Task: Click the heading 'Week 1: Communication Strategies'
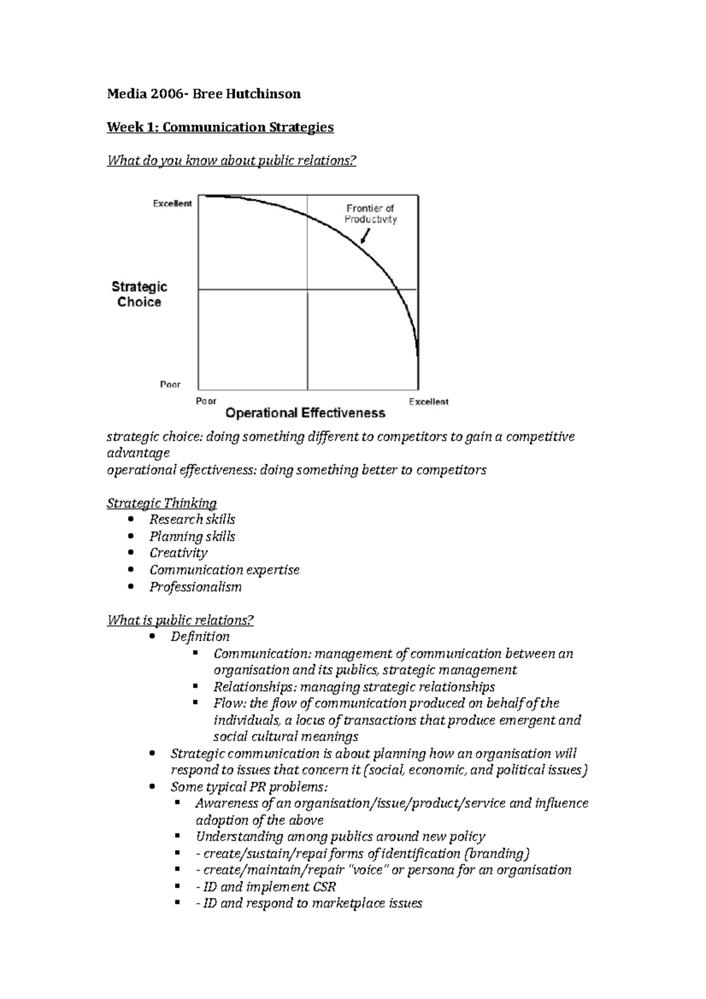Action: click(220, 127)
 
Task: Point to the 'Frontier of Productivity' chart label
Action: click(370, 214)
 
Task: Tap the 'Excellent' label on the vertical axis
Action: click(172, 204)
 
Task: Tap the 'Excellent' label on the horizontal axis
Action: click(428, 402)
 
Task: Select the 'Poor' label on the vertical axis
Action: click(170, 385)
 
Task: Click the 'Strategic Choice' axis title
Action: click(139, 294)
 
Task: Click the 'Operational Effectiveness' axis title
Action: click(305, 413)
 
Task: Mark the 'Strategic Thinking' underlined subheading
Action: click(162, 503)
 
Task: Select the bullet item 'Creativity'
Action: click(178, 553)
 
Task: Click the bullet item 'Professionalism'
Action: click(195, 587)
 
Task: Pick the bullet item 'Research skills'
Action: click(192, 520)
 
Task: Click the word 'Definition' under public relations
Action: click(200, 637)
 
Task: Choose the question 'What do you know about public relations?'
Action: click(232, 161)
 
